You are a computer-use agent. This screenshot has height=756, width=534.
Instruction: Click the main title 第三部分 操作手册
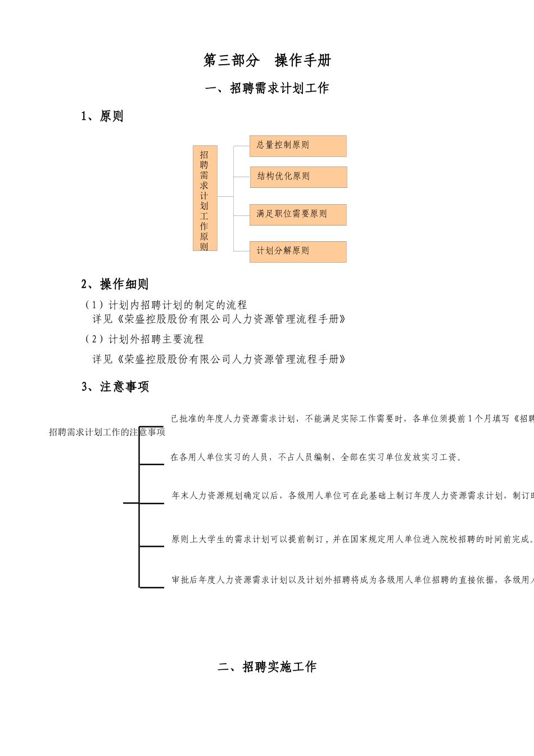tap(267, 61)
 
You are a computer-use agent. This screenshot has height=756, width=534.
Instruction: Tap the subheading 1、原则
tap(102, 116)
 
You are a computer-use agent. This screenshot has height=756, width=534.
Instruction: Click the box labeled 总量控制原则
tap(298, 146)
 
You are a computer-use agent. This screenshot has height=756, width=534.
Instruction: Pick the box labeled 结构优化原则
tap(298, 177)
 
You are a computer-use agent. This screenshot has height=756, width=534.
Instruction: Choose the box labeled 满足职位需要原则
tap(298, 214)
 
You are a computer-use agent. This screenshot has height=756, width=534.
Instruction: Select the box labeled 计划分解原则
tap(298, 251)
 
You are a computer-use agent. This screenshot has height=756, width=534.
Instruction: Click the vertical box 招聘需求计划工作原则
tap(205, 198)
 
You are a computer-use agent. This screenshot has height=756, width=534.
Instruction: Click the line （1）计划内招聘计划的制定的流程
tap(166, 305)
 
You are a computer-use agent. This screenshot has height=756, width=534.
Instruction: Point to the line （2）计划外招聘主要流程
tap(144, 339)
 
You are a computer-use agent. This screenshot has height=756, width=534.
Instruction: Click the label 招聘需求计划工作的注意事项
tap(107, 432)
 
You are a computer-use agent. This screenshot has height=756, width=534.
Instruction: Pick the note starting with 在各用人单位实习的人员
tap(316, 457)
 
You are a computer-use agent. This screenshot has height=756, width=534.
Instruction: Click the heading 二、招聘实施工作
tap(267, 667)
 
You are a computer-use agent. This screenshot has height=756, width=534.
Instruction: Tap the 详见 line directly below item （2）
tap(219, 359)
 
